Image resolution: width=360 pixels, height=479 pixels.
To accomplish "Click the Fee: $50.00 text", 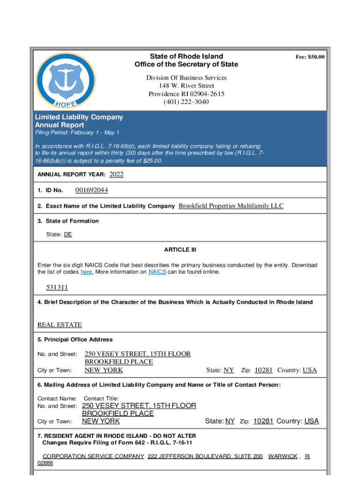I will click(x=310, y=57).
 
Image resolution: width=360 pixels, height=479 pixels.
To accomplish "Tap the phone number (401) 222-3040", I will click(x=186, y=102).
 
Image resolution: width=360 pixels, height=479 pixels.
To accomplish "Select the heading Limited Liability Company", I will click(x=79, y=117).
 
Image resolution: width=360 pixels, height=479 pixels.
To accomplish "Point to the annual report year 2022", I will click(x=116, y=174).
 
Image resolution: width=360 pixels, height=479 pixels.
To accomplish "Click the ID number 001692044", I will click(x=92, y=190).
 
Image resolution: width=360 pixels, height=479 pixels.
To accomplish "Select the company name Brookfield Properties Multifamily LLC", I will click(x=231, y=206).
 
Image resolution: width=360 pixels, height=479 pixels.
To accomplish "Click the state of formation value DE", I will click(x=68, y=234).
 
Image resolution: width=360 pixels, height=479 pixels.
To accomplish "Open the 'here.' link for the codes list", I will click(x=87, y=272).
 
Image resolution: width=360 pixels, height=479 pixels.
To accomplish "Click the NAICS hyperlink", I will click(x=157, y=272).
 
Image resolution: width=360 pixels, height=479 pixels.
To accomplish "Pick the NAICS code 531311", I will click(x=57, y=287).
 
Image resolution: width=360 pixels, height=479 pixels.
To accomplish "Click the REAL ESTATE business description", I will click(x=59, y=325).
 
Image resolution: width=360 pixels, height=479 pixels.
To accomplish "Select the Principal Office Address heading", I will click(x=75, y=339).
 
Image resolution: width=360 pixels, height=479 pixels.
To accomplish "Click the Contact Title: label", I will click(x=101, y=399).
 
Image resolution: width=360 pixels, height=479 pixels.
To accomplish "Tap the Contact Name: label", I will click(x=57, y=399).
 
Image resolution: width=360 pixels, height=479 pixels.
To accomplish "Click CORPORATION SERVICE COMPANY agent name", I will click(x=93, y=456).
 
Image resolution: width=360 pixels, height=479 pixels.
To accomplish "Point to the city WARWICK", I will click(x=282, y=456).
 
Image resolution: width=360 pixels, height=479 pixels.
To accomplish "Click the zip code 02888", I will click(x=45, y=463).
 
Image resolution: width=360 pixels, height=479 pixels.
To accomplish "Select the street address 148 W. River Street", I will click(x=186, y=86).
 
